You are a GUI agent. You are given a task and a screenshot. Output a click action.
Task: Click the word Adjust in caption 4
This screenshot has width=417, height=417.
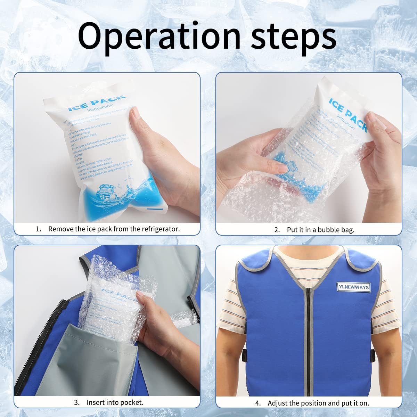(x=278, y=403)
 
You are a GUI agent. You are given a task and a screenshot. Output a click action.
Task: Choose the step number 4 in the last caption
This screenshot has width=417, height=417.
(x=258, y=403)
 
